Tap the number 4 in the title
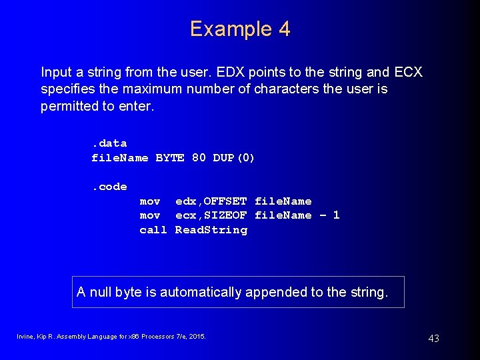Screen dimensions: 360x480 tap(284, 29)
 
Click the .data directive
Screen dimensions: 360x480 tap(109, 143)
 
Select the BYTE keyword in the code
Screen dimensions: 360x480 tap(169, 158)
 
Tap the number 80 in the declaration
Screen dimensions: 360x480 tap(199, 158)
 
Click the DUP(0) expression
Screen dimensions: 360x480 tap(234, 158)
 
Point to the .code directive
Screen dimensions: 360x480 tap(109, 187)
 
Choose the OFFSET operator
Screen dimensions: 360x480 tap(225, 201)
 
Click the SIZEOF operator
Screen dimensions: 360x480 tap(225, 215)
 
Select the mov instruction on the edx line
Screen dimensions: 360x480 tap(149, 201)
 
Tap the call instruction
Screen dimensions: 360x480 tap(153, 230)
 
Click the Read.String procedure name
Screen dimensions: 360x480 tap(211, 230)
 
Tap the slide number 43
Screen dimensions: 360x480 tap(433, 339)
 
